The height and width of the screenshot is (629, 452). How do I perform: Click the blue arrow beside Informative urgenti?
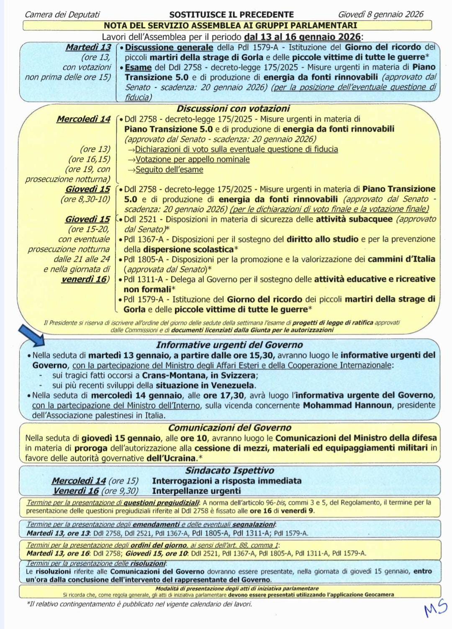tap(33, 336)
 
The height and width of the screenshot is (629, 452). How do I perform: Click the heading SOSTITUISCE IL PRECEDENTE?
tap(231, 15)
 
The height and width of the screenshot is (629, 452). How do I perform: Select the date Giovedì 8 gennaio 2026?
tap(380, 15)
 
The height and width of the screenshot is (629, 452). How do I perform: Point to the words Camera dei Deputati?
tap(62, 15)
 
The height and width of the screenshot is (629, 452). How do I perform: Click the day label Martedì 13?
tap(88, 47)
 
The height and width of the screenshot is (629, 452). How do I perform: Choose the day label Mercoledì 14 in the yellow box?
tap(83, 119)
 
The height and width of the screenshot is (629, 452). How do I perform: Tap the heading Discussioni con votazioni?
tap(233, 109)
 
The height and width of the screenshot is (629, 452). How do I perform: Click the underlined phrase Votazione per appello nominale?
tap(193, 159)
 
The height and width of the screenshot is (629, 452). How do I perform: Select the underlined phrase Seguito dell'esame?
tap(169, 169)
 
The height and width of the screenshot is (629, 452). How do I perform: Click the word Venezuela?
tap(232, 385)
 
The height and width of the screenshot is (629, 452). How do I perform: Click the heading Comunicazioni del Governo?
tap(230, 428)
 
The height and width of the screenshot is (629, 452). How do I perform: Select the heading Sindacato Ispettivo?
tap(230, 470)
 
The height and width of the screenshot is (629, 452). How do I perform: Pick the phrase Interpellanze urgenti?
tap(196, 491)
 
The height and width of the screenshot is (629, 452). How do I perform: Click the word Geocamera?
tap(376, 594)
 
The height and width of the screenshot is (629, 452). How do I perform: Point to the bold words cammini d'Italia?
tap(401, 259)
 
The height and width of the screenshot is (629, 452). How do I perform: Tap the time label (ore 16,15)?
tap(89, 159)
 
